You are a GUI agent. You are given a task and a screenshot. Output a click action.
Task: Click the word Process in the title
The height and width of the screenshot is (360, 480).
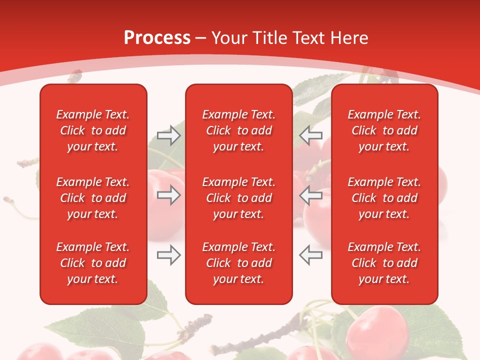click(157, 38)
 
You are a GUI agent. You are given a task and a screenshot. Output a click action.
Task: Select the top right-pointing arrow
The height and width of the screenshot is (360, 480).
click(168, 135)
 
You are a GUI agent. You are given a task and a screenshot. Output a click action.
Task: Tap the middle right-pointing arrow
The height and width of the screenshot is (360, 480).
click(168, 195)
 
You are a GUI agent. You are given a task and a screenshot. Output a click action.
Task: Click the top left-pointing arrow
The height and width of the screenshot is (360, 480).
click(311, 135)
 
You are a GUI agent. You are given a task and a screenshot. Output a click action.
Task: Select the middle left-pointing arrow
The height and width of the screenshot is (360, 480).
click(311, 195)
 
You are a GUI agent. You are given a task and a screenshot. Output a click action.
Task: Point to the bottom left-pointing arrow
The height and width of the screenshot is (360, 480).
click(311, 255)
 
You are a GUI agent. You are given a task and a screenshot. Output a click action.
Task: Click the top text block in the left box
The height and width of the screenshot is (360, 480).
click(93, 130)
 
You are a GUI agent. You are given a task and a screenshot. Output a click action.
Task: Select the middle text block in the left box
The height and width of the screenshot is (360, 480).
click(93, 198)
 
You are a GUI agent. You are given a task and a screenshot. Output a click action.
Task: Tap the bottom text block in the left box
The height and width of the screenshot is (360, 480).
click(93, 263)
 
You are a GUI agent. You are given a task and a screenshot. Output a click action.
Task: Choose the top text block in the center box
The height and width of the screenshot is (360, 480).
click(238, 130)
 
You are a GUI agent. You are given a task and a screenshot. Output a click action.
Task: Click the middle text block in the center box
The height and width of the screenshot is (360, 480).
click(238, 198)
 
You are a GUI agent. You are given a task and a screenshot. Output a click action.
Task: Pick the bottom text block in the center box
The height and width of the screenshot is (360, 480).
click(238, 263)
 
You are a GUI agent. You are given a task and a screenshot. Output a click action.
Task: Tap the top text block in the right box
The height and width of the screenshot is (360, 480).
click(384, 130)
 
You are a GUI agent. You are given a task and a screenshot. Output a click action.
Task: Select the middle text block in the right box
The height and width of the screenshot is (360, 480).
click(384, 198)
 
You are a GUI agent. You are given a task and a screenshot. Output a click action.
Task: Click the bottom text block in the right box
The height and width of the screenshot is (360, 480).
click(384, 263)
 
